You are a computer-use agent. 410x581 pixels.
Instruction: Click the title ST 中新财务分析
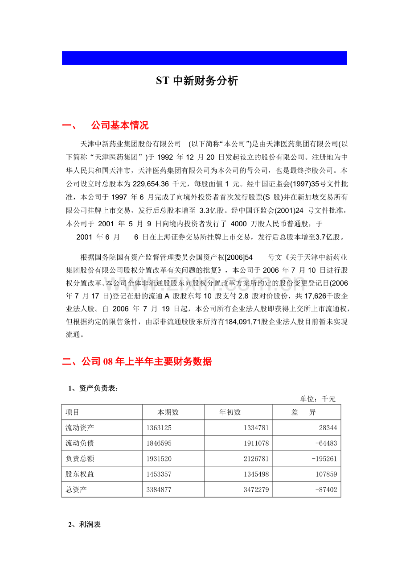point(197,81)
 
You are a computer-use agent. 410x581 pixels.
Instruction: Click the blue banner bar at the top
point(204,58)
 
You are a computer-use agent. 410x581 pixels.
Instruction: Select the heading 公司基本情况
point(119,125)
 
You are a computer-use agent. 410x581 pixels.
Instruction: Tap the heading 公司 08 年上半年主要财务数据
point(137,361)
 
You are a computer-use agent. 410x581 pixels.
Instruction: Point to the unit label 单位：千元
point(317,398)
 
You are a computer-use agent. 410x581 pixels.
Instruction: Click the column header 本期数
point(168,412)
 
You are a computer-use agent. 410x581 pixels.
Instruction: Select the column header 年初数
point(230,412)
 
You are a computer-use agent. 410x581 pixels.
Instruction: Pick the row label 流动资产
point(80,428)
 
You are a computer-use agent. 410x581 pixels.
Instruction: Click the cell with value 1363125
point(159,428)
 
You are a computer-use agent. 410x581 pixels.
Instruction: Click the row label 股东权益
point(80,474)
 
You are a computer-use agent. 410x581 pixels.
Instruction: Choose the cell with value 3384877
point(159,490)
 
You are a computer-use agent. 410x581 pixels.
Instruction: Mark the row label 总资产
point(76,490)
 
